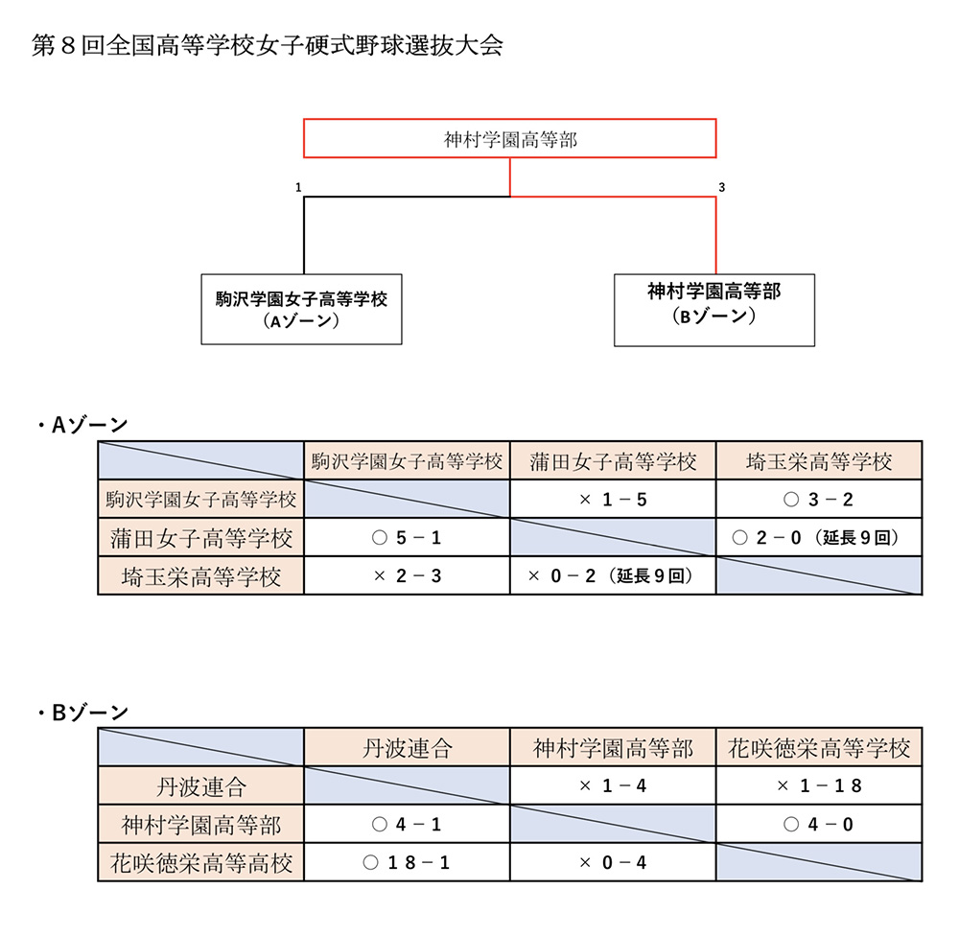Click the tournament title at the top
268,46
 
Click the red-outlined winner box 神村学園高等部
509,138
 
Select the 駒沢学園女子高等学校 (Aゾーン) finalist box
301,309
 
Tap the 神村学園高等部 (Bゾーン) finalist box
714,310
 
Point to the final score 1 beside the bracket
298,187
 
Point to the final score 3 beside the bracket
722,187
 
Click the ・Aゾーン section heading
82,425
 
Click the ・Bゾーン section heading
82,713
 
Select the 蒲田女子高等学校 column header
613,460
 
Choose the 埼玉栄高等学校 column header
819,460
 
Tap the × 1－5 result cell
613,500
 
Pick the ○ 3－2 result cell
819,500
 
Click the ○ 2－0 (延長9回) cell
819,537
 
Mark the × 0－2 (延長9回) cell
613,575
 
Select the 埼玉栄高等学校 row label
201,575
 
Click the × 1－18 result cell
819,785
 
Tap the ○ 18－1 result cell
407,862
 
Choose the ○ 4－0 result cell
819,824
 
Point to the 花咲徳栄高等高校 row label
201,862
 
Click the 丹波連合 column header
407,748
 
